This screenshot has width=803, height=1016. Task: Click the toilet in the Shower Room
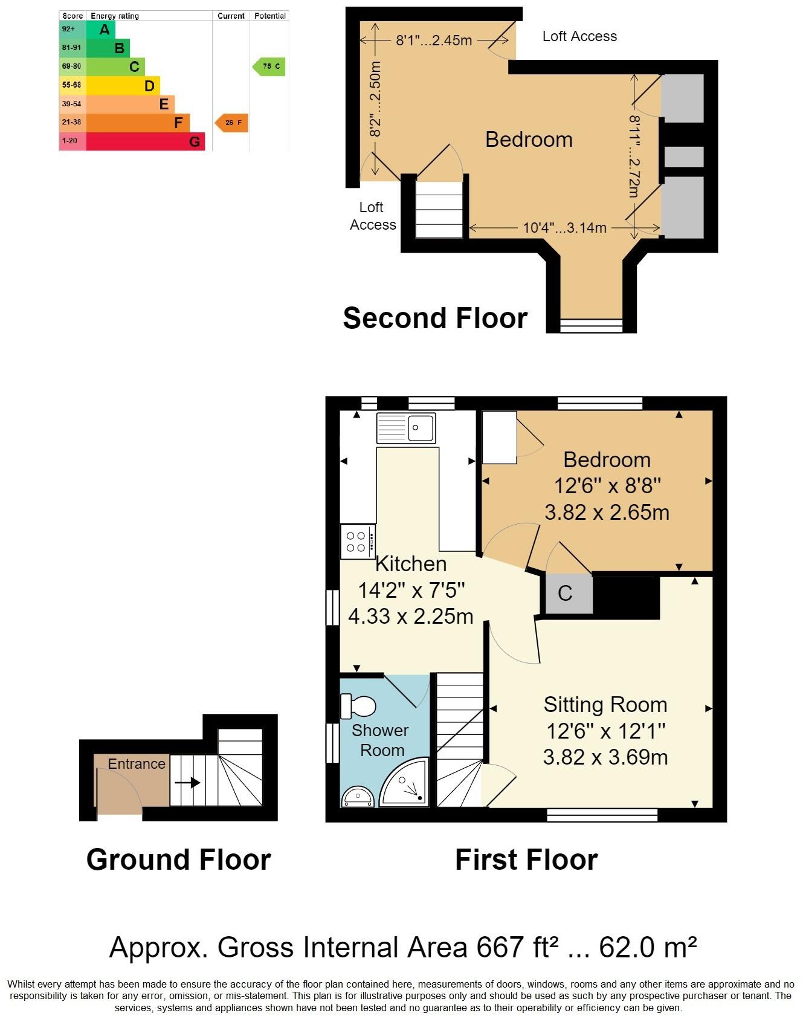pos(359,705)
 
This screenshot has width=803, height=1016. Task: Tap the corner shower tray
pos(406,785)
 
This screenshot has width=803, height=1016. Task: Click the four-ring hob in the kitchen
pos(357,542)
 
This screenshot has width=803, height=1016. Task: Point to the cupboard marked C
pos(566,594)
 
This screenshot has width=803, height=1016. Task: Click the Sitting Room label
pos(605,705)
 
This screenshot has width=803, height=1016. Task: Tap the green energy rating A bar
pos(101,29)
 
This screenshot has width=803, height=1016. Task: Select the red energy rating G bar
pos(145,141)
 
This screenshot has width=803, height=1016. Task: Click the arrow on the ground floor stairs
pos(188,783)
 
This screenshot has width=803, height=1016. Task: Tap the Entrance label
pos(137,764)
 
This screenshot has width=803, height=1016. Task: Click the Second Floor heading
pos(435,318)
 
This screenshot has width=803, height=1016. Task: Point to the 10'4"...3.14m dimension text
pos(564,228)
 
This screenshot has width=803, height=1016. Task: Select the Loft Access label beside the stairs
pos(372,216)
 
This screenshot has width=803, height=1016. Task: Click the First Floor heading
pos(526,859)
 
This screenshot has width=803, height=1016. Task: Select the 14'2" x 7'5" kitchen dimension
pos(411,590)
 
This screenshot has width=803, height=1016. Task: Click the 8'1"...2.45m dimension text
pos(434,40)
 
